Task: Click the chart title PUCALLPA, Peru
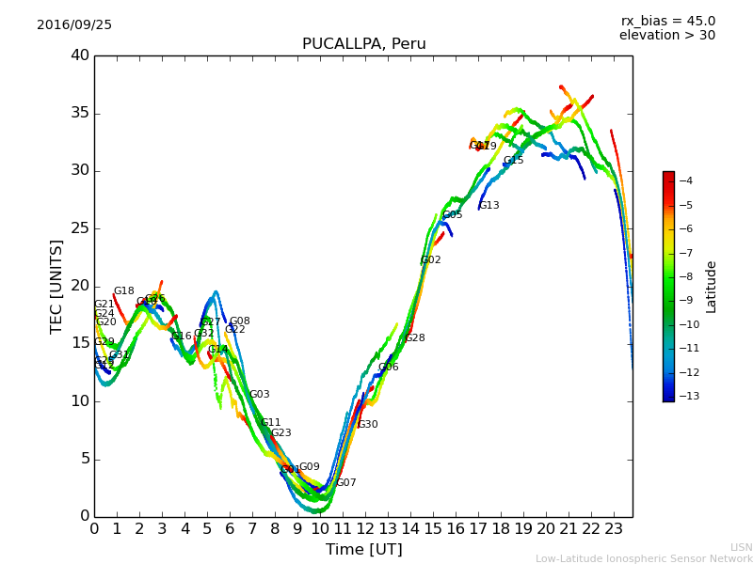point(363,44)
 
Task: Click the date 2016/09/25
point(74,25)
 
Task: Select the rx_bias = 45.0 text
point(667,22)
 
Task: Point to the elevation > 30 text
point(666,36)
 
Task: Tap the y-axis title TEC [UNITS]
point(56,287)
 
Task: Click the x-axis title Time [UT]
point(363,550)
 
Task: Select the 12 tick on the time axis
point(365,529)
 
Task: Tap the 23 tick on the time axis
point(614,529)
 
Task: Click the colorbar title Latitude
point(712,287)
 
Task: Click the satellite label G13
point(489,206)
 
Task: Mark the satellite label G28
point(415,338)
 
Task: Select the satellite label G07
point(346,483)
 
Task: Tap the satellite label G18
point(124,291)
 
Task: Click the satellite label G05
point(453,215)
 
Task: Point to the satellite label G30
point(368,425)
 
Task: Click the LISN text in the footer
point(741,547)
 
